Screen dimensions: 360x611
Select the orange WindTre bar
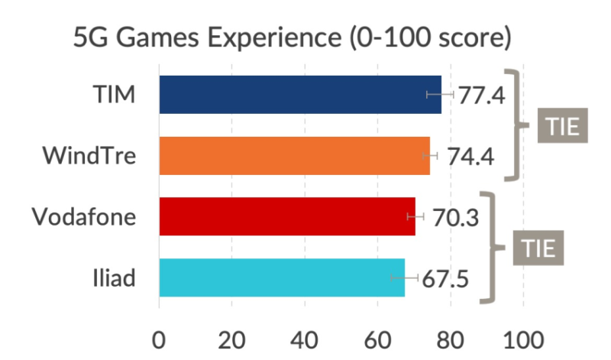coord(294,156)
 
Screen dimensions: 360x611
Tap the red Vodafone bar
coord(286,217)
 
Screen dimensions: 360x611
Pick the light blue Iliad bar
coord(281,277)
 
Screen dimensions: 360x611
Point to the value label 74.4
coord(470,157)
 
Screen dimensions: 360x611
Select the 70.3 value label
coord(455,218)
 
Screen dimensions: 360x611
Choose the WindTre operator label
coord(90,157)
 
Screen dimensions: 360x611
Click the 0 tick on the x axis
coord(159,338)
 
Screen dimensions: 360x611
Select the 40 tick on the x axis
coord(305,338)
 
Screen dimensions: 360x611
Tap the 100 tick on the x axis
coord(523,338)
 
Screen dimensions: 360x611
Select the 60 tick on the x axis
coord(377,338)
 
